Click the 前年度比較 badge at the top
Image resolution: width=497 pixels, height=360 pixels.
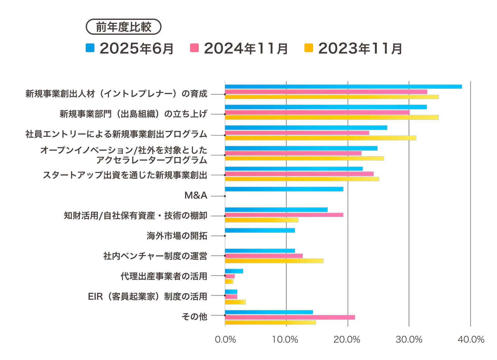[x=123, y=27]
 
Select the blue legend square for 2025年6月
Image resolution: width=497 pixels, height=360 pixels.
[x=90, y=48]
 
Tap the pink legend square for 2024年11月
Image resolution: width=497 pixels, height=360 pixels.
[x=194, y=48]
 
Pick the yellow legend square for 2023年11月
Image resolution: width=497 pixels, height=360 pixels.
[x=308, y=48]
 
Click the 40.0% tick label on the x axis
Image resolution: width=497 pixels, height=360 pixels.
[x=471, y=340]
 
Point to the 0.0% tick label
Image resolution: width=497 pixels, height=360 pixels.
[x=225, y=340]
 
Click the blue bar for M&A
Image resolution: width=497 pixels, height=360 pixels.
[x=284, y=189]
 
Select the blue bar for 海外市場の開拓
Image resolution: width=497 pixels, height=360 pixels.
[x=260, y=230]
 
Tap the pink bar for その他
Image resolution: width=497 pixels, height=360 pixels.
[x=290, y=317]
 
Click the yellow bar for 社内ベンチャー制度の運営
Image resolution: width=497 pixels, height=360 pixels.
[x=274, y=261]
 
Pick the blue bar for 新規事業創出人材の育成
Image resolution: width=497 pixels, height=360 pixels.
[x=343, y=87]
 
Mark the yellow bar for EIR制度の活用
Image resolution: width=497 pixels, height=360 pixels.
[x=235, y=302]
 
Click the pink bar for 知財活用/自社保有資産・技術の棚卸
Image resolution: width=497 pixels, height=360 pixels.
[x=284, y=215]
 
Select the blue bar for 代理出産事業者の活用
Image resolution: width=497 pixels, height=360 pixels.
[x=234, y=271]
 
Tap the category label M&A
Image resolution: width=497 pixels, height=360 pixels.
[x=196, y=196]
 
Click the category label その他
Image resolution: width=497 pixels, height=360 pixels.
[x=194, y=317]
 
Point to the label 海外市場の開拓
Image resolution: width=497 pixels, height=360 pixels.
[x=177, y=236]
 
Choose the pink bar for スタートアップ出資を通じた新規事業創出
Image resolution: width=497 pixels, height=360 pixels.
[x=299, y=174]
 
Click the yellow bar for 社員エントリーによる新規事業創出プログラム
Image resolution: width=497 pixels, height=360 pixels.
[x=320, y=138]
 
